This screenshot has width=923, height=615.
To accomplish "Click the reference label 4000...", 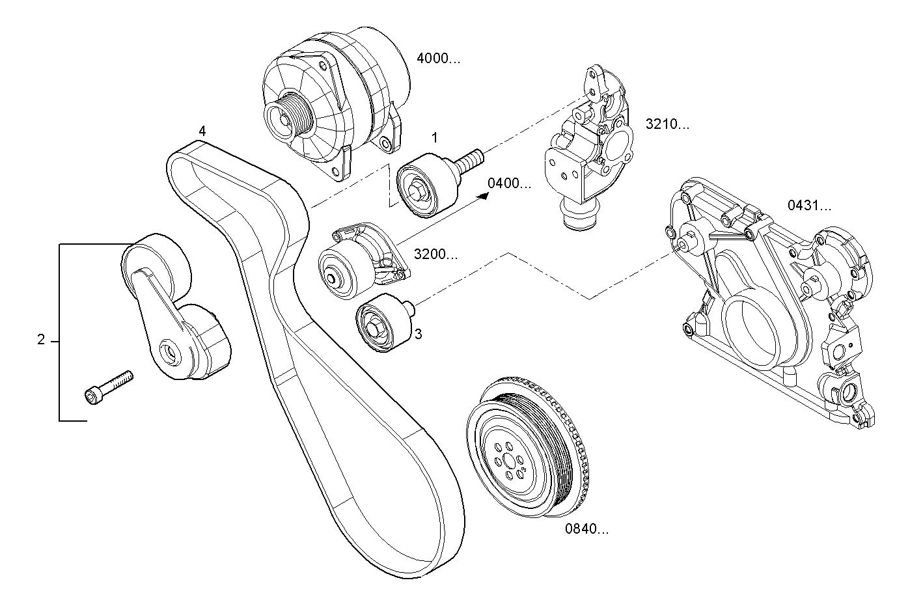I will pos(437,59).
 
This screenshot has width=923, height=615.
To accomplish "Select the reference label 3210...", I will pos(667,124).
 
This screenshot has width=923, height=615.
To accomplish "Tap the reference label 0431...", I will pos(809,206).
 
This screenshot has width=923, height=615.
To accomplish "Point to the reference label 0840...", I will pos(586,529).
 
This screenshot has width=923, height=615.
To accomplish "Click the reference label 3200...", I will pos(435,254).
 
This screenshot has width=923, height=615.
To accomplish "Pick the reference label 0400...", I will pos(509,184).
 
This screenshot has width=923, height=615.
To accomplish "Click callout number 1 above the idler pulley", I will pos(434,138).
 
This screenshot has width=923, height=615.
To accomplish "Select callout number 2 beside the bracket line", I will pos(41,340).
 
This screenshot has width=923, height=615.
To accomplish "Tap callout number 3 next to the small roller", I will pos(419,334).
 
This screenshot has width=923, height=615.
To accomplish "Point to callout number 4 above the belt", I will pos(202,131).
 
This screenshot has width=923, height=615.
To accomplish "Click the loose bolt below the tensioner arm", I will pos(109,386).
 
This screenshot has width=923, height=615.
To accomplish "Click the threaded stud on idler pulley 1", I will pos(471,160).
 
